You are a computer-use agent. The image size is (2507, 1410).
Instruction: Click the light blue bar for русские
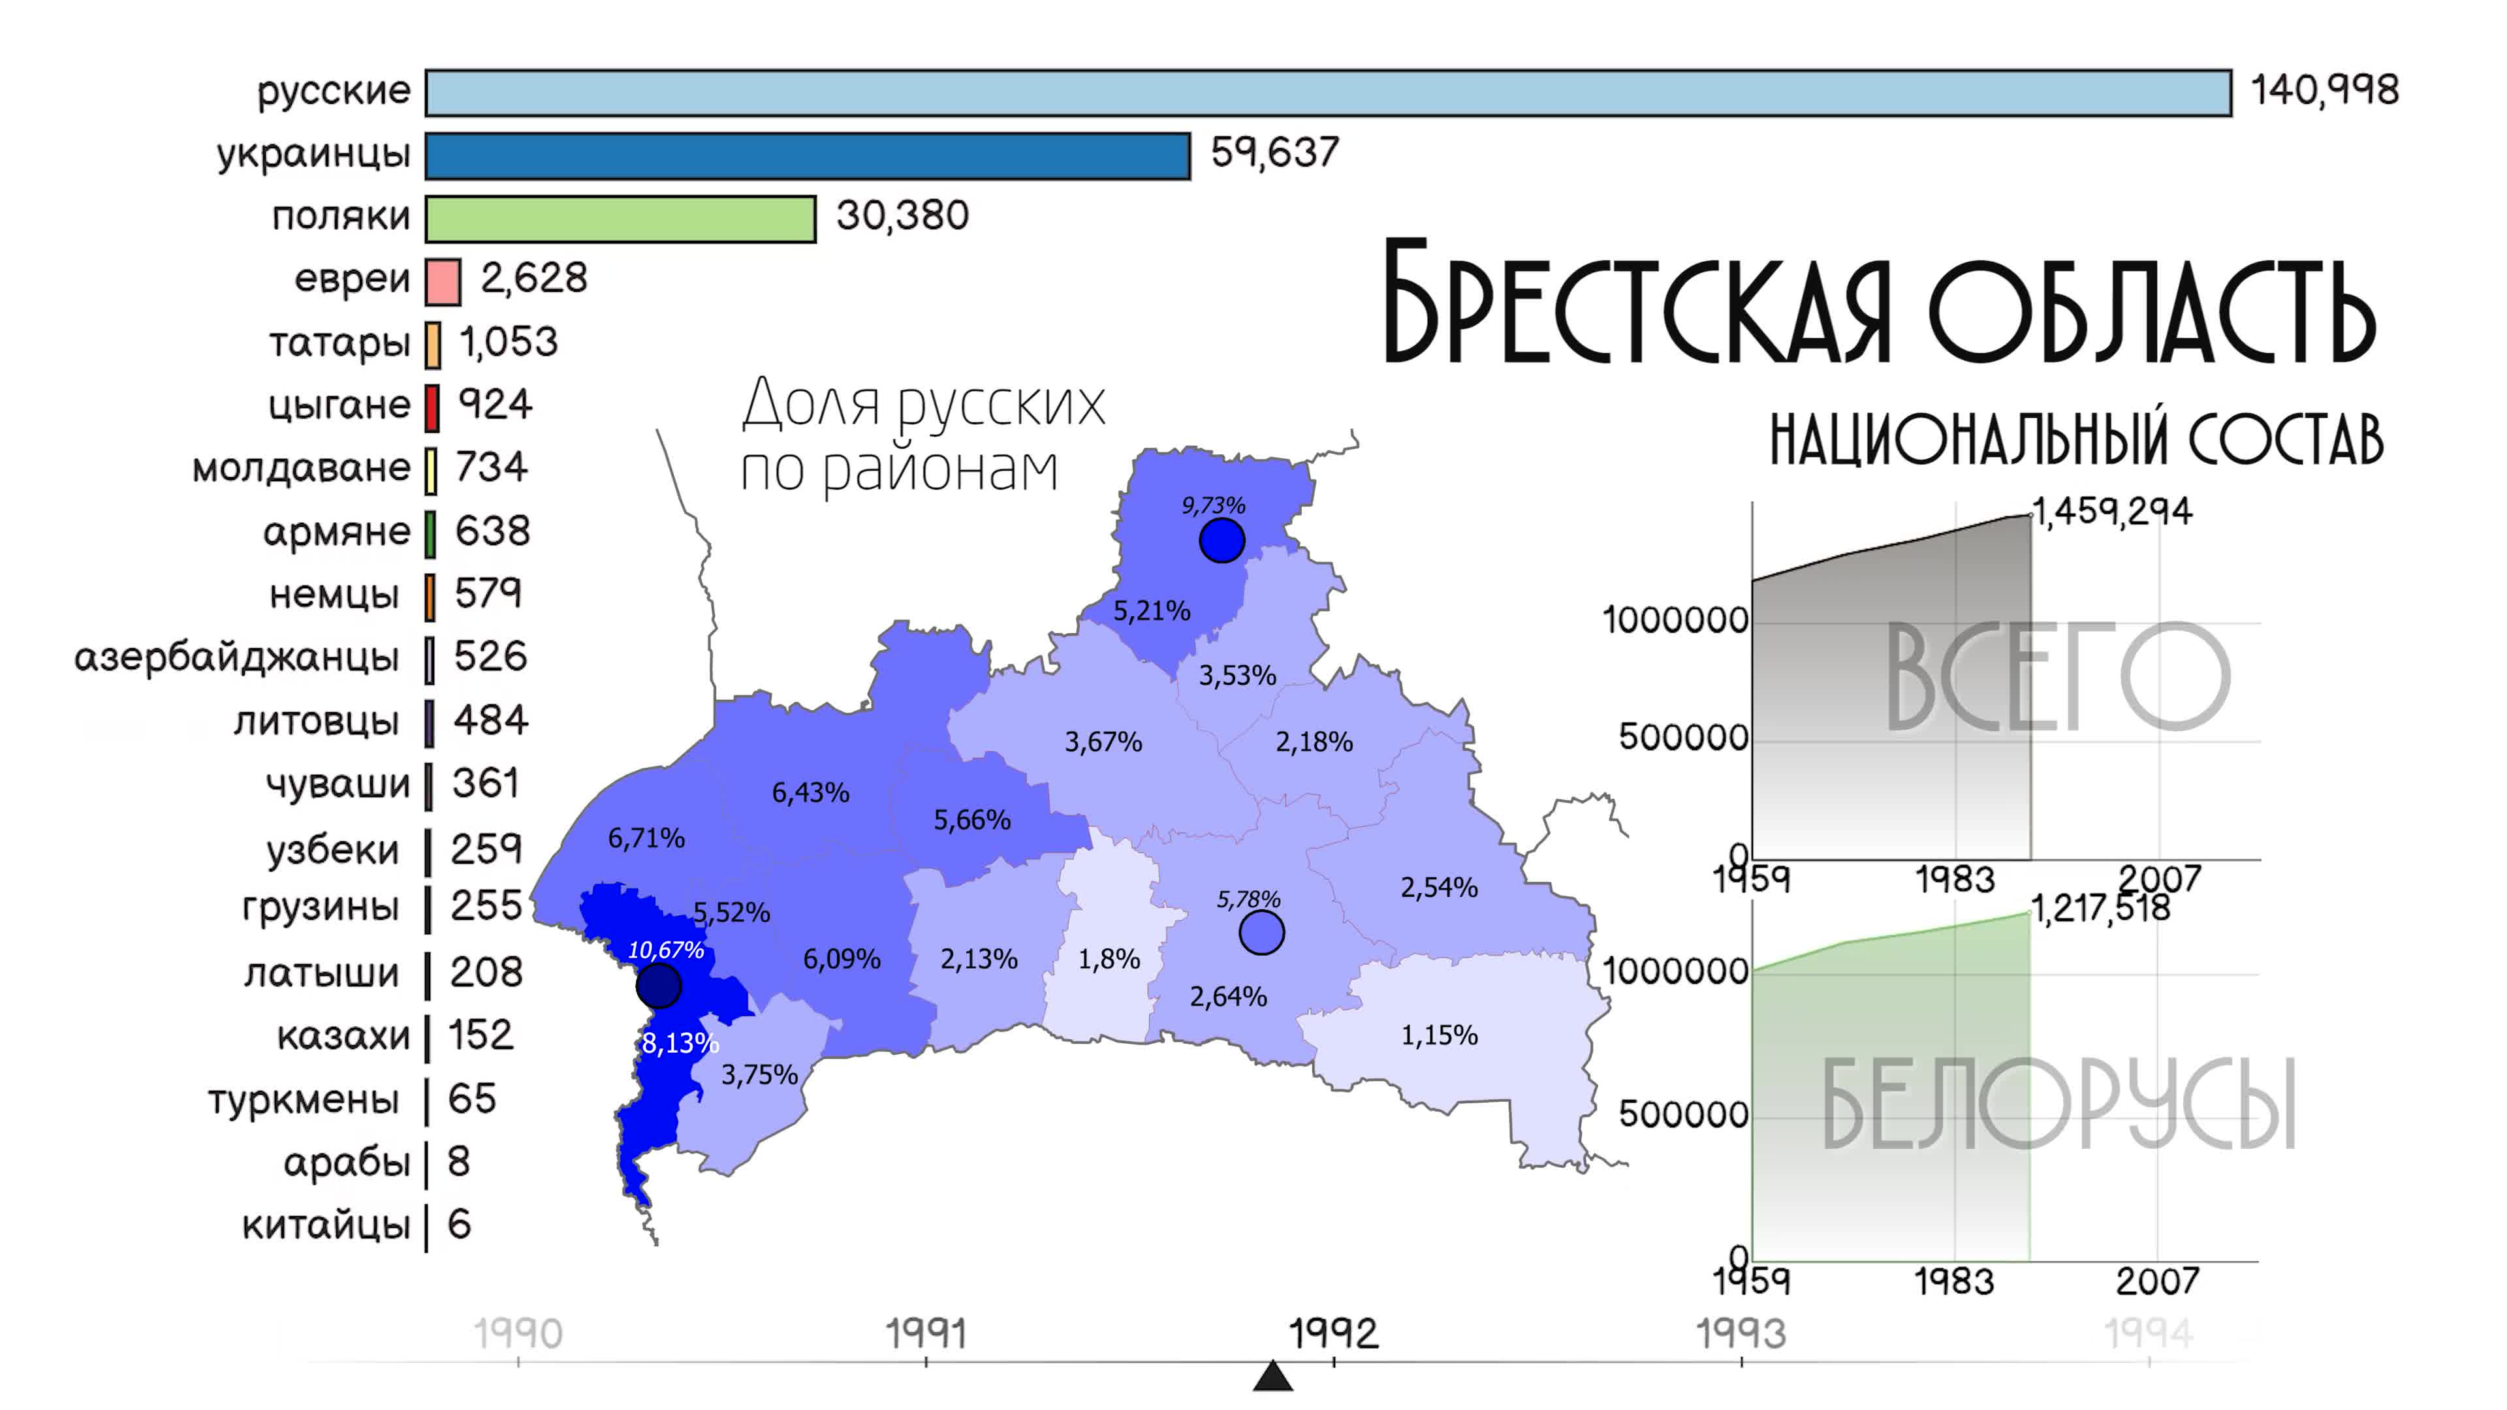(1327, 93)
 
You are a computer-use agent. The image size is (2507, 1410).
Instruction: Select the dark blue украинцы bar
(808, 157)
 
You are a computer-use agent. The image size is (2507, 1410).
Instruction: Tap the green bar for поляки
(620, 219)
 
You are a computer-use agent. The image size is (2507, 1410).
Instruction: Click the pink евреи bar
(443, 281)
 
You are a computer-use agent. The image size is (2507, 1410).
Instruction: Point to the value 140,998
(2324, 91)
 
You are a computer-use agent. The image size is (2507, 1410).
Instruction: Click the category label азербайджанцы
(236, 658)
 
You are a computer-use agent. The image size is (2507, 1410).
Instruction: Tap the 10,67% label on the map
(666, 950)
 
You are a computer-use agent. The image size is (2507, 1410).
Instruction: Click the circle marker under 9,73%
(1222, 540)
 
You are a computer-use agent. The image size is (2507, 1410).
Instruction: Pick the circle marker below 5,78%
(1261, 932)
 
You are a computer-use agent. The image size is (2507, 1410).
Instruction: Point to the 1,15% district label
(1438, 1035)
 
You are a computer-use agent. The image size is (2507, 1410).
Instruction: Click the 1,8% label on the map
(1109, 960)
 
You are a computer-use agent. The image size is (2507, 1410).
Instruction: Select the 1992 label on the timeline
(1333, 1333)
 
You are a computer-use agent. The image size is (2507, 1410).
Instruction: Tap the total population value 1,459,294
(2112, 512)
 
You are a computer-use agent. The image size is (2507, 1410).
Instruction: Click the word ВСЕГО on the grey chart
(2057, 678)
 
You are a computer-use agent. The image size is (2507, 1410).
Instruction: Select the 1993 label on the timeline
(1741, 1333)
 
